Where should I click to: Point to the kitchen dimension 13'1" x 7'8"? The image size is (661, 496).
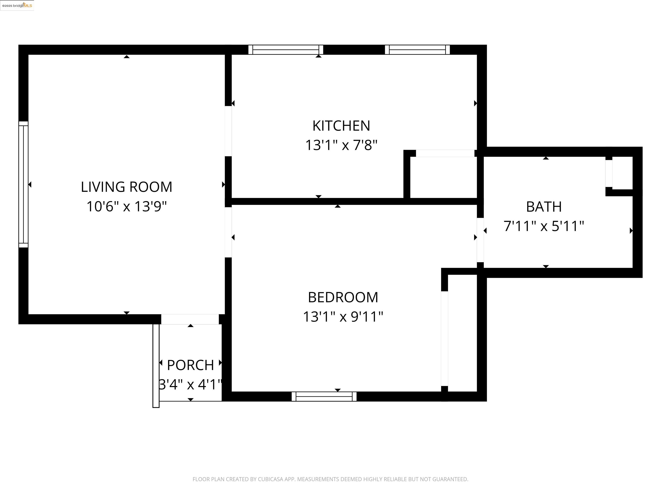(x=341, y=145)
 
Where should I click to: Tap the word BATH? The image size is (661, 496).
(x=544, y=207)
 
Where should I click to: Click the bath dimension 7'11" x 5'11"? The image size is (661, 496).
(x=544, y=226)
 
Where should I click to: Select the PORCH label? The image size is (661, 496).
(x=190, y=365)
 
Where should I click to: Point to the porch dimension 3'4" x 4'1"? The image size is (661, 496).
(x=190, y=384)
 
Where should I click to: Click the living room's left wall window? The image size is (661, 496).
(x=23, y=184)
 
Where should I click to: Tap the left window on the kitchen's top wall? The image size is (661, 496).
(x=286, y=50)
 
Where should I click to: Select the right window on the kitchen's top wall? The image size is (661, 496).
(x=417, y=50)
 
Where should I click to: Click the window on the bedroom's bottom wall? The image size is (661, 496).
(x=324, y=397)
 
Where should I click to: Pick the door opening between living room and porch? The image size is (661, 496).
(x=190, y=319)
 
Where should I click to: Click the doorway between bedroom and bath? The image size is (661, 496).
(x=480, y=240)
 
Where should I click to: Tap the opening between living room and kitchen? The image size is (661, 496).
(x=228, y=131)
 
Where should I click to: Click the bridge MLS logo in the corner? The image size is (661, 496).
(x=17, y=5)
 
